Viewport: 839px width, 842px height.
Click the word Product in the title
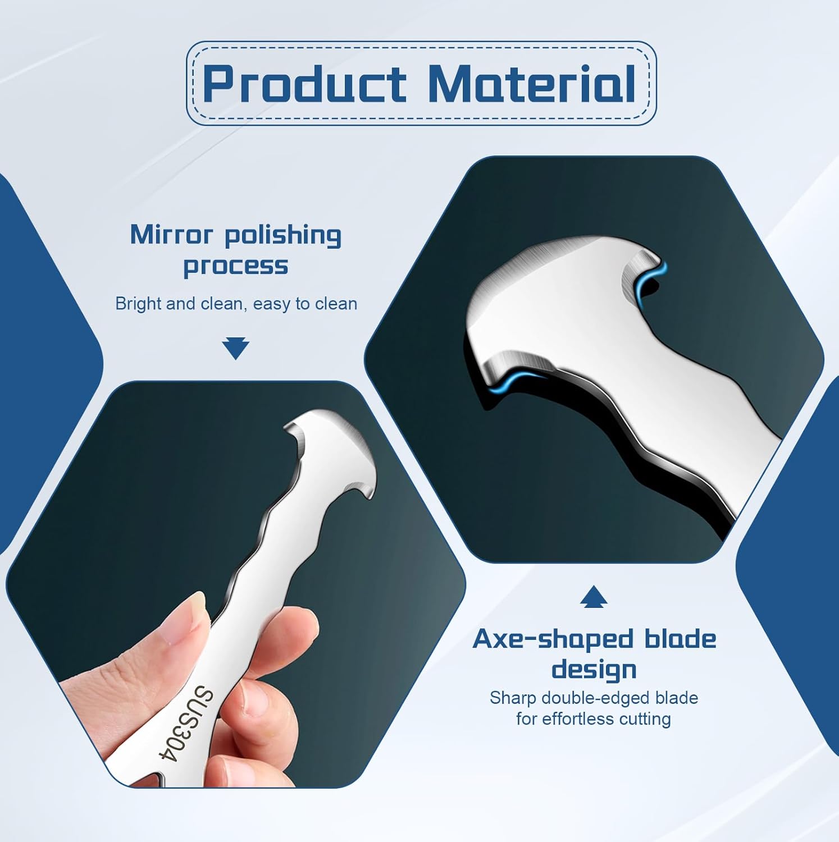304,84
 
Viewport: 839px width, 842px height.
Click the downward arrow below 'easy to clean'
235,349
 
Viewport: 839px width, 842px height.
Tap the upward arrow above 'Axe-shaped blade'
594,597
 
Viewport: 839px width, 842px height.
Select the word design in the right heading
594,670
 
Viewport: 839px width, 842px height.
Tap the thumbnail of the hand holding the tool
236,584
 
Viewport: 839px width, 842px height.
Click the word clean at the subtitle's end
336,304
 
